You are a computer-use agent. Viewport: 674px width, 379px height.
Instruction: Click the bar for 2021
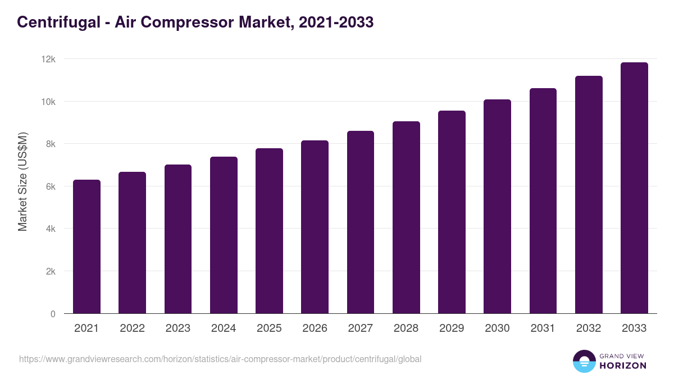click(x=86, y=246)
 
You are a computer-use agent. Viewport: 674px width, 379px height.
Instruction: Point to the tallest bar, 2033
click(x=634, y=188)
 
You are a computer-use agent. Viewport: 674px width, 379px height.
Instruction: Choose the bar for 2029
click(x=452, y=212)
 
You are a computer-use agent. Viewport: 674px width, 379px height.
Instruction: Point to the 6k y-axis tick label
click(x=50, y=186)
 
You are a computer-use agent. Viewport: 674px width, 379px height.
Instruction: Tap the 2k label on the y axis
click(x=50, y=271)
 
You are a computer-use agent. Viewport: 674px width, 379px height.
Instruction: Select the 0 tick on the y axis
click(x=53, y=314)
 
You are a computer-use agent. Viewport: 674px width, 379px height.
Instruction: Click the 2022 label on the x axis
click(x=132, y=328)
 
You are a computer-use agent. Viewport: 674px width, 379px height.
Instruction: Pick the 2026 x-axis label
click(x=315, y=328)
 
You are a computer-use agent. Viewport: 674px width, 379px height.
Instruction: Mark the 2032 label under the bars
click(x=589, y=328)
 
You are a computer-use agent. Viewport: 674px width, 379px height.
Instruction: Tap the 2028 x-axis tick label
click(x=406, y=328)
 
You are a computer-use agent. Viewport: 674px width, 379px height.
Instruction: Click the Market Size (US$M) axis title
click(x=22, y=181)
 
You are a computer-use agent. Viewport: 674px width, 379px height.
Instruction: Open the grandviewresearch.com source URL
click(x=220, y=359)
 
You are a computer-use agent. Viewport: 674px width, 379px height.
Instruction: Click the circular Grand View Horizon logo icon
click(x=584, y=361)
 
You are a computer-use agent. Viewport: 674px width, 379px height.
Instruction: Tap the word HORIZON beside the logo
click(x=622, y=366)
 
